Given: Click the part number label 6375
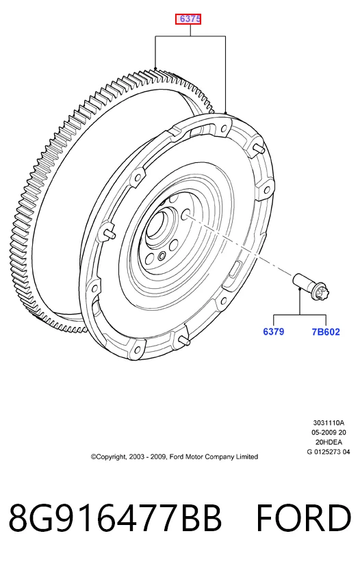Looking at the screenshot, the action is [188, 19].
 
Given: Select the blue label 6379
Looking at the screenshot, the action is [273, 331].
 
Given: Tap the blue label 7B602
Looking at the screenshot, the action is [326, 332].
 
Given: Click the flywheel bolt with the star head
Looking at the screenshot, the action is [312, 286].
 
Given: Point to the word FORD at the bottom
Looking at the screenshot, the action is [303, 518].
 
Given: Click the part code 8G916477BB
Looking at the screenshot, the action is [114, 518].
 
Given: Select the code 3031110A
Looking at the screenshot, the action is [329, 422].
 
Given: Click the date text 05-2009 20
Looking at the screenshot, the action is [329, 433].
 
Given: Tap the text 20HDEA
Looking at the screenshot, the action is [329, 442].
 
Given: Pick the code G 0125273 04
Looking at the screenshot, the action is [329, 452].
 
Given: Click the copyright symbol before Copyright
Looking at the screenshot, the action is [93, 457].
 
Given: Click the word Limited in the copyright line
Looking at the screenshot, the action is [247, 457].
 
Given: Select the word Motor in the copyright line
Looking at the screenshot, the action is [194, 457].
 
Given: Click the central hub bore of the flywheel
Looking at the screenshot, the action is [158, 225].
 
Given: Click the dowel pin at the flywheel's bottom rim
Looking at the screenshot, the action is [183, 339].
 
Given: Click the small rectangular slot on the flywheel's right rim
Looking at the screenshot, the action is [235, 270].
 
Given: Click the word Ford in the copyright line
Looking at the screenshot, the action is [176, 457].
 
